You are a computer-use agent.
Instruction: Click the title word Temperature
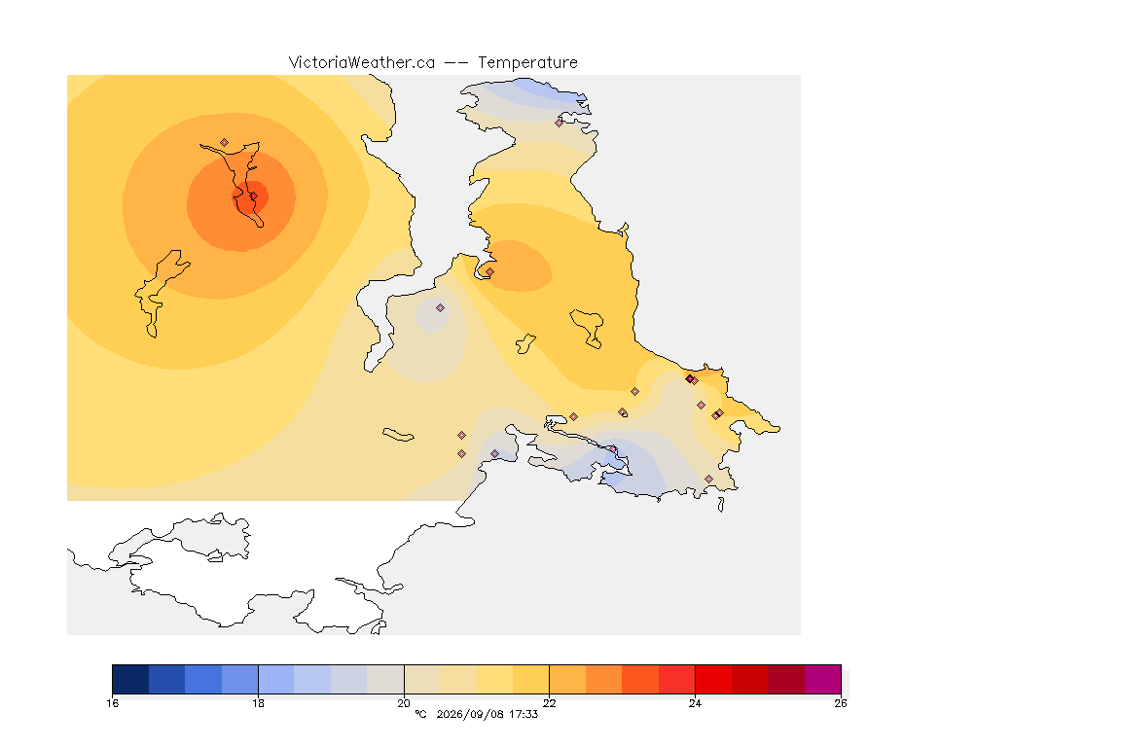pos(527,63)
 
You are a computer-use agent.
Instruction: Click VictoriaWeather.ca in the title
pos(362,63)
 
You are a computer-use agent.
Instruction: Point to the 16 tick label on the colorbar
pos(112,703)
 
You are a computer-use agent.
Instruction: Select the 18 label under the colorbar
pos(258,703)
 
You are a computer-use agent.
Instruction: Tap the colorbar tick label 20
pos(404,703)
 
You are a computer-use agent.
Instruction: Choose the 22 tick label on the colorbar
pos(549,703)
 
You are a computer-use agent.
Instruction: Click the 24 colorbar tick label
pos(695,703)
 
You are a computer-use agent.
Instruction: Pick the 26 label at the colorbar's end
pos(841,703)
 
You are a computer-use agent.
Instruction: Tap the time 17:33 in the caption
pos(524,714)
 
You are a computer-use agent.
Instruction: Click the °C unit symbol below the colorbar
pos(420,714)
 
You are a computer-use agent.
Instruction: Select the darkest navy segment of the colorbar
pos(130,679)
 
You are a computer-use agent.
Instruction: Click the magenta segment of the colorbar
pos(823,679)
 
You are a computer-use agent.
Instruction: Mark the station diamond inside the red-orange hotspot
pos(253,196)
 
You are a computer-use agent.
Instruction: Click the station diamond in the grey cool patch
pos(441,308)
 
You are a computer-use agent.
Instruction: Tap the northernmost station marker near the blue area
pos(560,123)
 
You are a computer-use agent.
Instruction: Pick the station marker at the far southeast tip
pos(708,479)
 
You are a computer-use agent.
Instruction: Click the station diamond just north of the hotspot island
pos(225,143)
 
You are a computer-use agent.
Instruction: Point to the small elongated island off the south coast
pos(398,435)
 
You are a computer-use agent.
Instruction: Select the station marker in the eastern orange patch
pos(489,271)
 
